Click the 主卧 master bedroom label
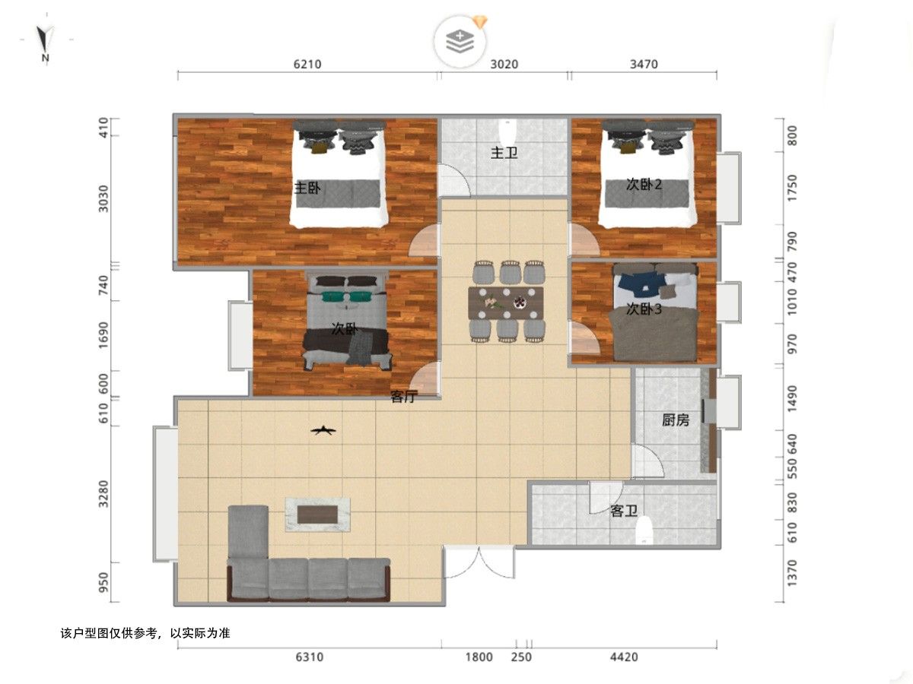point(307,188)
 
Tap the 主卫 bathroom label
point(504,153)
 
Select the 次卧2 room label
point(644,185)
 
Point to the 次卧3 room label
point(644,309)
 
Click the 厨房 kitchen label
point(675,420)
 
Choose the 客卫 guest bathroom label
point(623,511)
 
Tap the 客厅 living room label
point(403,397)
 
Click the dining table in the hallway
point(506,302)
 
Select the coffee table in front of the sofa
point(317,515)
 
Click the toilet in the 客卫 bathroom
point(644,530)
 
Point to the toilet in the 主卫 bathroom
point(507,131)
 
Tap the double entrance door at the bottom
point(479,562)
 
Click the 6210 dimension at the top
point(307,65)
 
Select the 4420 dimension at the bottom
point(624,657)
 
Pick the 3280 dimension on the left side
point(103,494)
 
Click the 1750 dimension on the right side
point(792,188)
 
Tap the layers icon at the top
point(460,41)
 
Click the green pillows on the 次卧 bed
point(348,296)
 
